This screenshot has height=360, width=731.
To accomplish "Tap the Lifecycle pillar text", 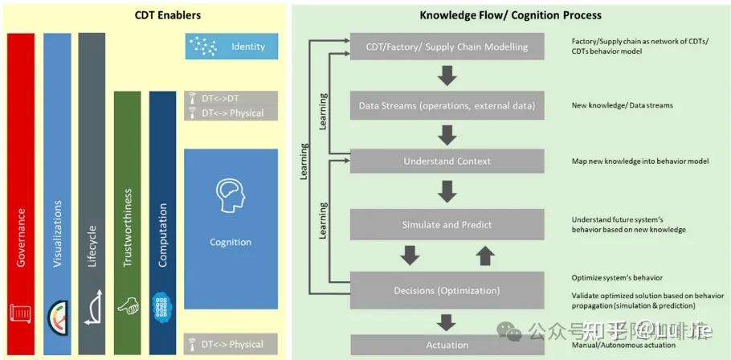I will [92, 244].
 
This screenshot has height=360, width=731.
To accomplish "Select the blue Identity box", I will [231, 46].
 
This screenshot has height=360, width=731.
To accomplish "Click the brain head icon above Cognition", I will [231, 196].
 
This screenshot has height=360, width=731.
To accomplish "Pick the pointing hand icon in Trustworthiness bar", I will [127, 305].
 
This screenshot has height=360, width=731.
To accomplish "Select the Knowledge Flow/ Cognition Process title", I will [510, 14].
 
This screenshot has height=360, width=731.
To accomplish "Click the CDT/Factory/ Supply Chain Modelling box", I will [447, 47].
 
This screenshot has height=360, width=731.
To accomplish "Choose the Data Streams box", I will [447, 104].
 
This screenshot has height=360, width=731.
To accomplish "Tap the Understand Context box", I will [447, 161].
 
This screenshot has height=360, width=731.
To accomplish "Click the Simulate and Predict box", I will [447, 225].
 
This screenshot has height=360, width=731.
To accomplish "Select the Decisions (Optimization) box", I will [447, 290].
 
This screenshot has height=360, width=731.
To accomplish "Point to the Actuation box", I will [447, 345].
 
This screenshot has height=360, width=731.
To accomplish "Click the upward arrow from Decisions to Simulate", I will [484, 256].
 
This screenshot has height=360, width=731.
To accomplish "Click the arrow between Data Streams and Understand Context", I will [447, 133].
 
